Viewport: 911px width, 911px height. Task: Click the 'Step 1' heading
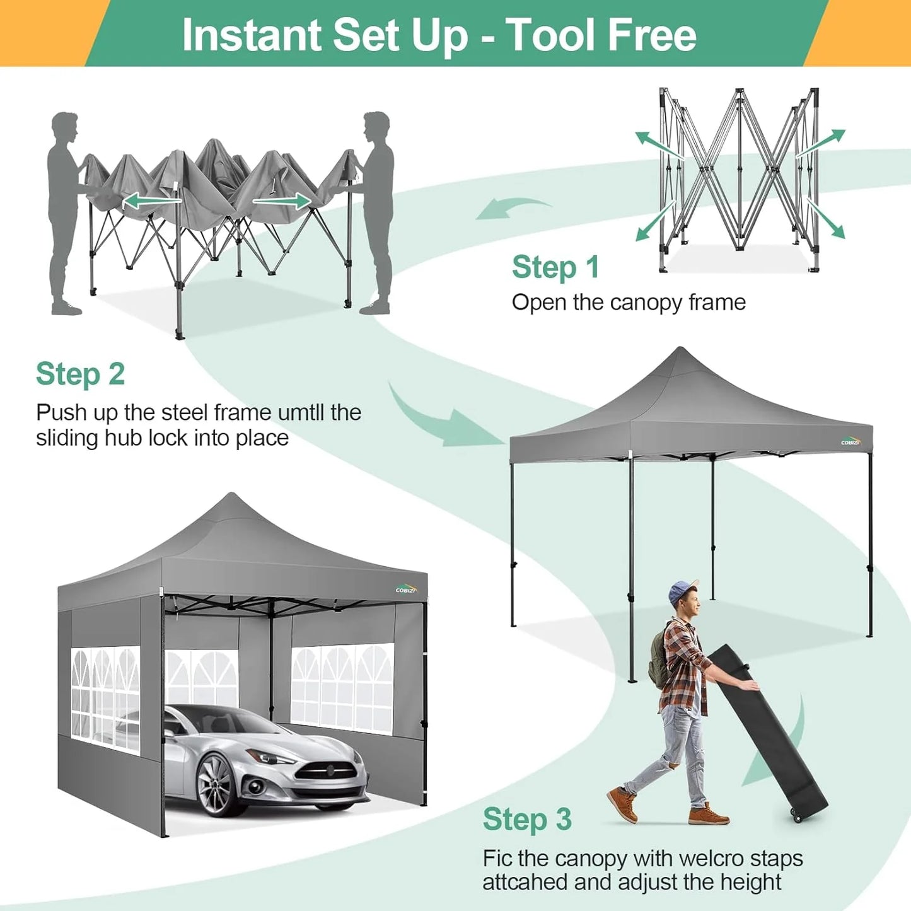coord(555,267)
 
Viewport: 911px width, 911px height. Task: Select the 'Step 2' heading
coord(80,374)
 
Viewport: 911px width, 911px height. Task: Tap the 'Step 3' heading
coord(527,820)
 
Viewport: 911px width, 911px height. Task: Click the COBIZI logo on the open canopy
coord(850,441)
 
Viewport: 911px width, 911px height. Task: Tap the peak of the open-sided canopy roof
coord(680,350)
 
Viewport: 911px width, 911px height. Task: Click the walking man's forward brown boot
coord(709,816)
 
